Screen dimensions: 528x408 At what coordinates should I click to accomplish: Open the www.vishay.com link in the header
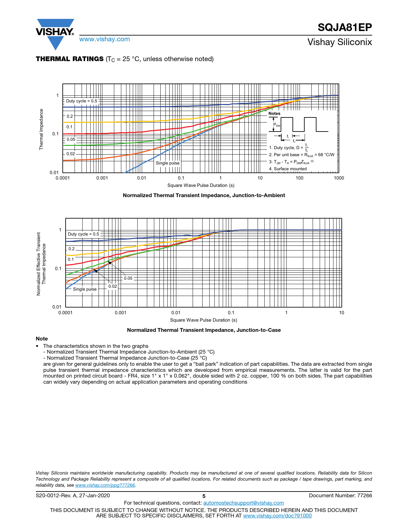point(105,39)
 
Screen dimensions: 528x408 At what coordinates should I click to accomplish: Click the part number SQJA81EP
point(345,28)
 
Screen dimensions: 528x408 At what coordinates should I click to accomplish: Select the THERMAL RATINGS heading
point(70,59)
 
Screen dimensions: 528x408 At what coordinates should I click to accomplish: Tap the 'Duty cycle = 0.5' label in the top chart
point(82,101)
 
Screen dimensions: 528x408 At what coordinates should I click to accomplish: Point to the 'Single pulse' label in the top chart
point(168,163)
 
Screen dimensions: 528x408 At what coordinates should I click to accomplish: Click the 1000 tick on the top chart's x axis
point(339,178)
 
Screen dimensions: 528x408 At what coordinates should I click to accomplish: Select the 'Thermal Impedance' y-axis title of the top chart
point(41,129)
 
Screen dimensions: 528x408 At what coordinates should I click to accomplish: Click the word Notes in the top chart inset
point(274,114)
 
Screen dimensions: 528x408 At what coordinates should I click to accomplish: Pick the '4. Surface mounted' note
point(288,169)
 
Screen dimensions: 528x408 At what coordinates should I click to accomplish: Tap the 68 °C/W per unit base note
point(301,155)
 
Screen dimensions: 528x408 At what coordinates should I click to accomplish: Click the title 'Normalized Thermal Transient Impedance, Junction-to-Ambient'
point(204,196)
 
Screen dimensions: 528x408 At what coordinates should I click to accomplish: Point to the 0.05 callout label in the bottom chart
point(128,278)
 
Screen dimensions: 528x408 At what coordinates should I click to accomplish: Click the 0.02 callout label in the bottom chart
point(113,286)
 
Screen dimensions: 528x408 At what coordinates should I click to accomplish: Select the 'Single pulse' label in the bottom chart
point(85,289)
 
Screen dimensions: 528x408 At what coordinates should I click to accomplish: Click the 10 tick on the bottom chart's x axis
point(341,313)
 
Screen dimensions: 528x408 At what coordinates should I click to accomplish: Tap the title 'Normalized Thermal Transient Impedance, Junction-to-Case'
point(204,330)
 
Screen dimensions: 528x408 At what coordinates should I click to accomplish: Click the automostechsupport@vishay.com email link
point(244,503)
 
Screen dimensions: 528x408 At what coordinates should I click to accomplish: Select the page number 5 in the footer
point(204,496)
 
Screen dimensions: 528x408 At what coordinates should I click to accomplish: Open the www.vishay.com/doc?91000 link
point(277,516)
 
